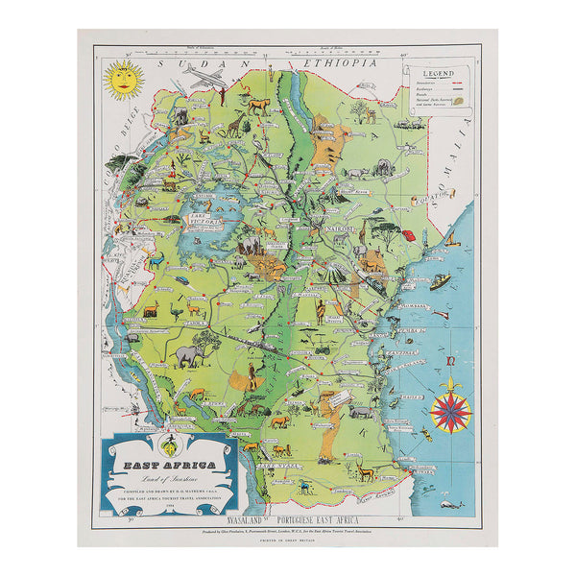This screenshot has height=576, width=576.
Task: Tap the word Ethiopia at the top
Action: pyautogui.click(x=336, y=62)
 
